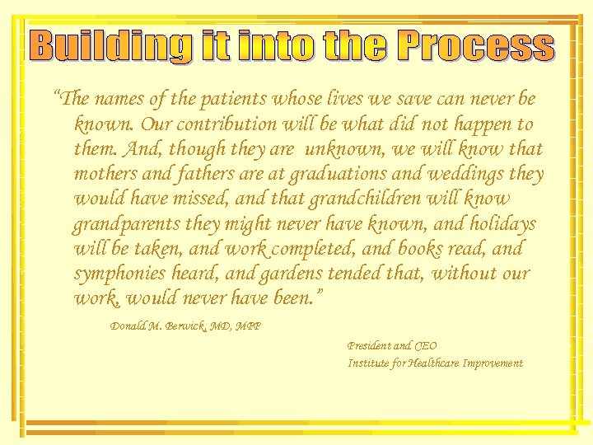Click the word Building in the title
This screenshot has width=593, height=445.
coord(111,46)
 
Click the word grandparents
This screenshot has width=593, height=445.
coord(124,223)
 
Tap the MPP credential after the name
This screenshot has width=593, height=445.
coord(248,326)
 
